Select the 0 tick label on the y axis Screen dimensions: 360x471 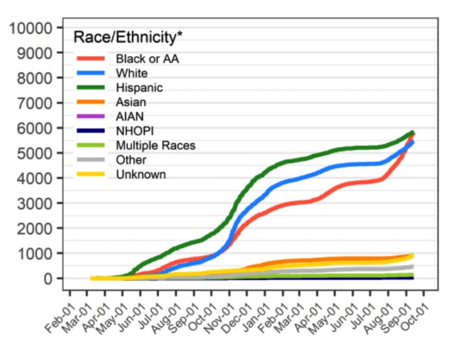(x=47, y=279)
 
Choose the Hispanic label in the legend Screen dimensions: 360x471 (x=139, y=87)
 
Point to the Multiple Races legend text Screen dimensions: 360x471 (x=155, y=145)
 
